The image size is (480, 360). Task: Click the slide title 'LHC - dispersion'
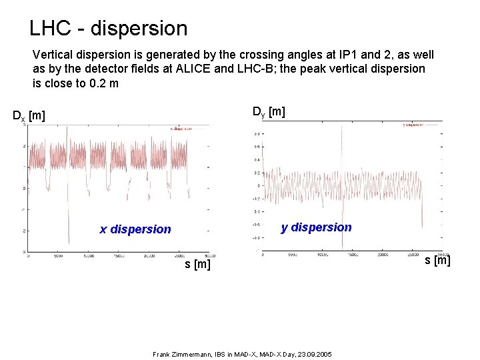[109, 29]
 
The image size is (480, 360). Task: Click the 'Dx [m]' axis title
[29, 116]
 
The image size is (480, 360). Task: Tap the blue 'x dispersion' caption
[135, 229]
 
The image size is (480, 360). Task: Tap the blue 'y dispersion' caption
[316, 227]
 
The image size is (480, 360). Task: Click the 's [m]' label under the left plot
[197, 265]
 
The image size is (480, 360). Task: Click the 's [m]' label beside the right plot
[438, 259]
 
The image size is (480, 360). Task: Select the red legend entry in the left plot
[180, 129]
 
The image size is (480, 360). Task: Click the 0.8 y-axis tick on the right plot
[257, 134]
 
